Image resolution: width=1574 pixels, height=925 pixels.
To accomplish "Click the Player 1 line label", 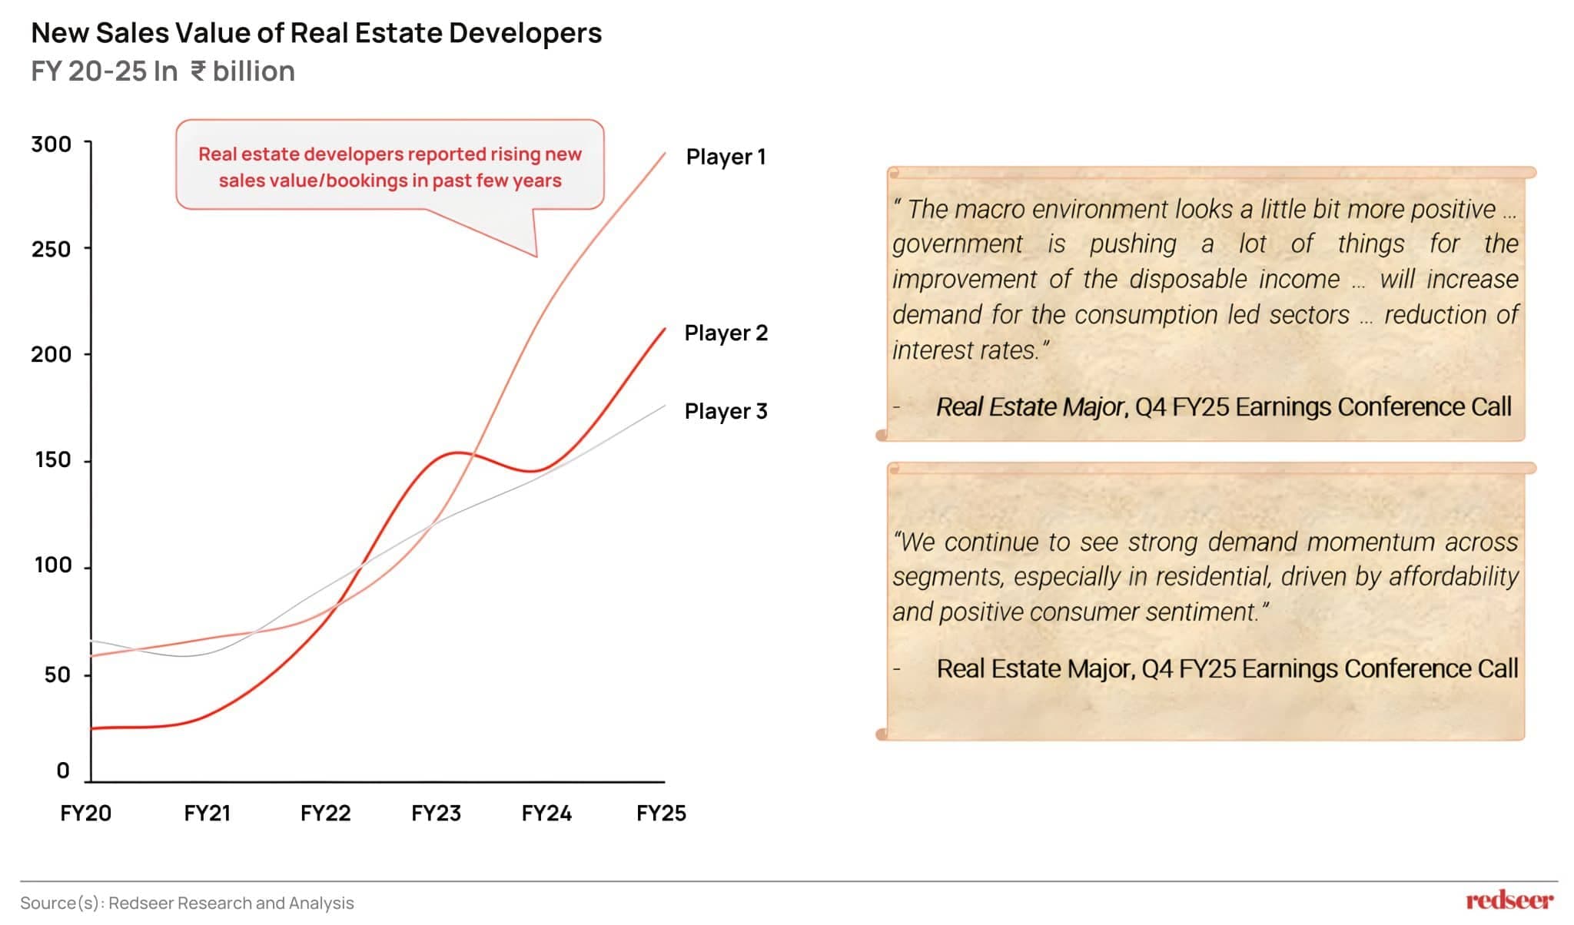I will click(x=726, y=157).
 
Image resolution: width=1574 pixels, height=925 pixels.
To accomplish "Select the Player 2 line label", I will click(x=726, y=333).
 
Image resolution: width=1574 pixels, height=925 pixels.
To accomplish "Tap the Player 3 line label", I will click(x=726, y=411).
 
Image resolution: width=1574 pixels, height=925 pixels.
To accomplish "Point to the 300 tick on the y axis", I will click(x=51, y=144).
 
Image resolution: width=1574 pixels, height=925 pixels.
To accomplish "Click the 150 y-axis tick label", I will click(x=52, y=459).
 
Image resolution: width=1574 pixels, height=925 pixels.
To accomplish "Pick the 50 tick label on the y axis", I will click(x=57, y=675).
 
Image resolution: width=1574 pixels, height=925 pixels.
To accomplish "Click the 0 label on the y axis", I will click(x=63, y=771).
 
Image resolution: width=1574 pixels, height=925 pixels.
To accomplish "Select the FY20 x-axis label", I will click(x=85, y=813).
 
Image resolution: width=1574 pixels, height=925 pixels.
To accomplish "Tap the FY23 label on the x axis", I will click(x=436, y=813).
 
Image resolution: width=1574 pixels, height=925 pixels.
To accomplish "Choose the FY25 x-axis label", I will click(x=661, y=813).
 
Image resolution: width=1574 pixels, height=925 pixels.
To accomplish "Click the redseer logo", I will click(x=1509, y=900).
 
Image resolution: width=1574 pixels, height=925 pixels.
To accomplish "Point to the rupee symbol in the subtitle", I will click(x=198, y=71).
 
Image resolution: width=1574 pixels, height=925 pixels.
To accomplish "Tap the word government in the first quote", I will click(x=957, y=244).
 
